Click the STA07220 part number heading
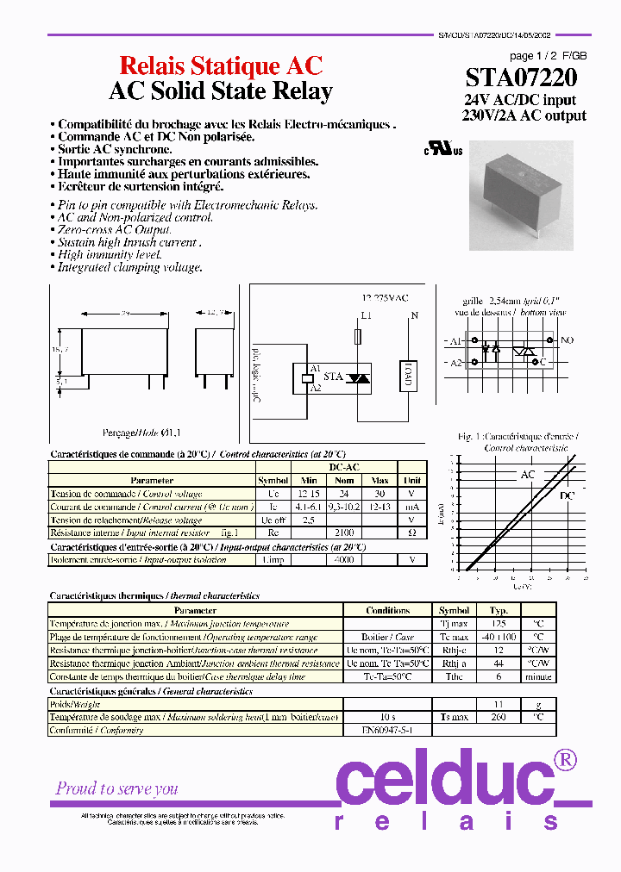pos(522,79)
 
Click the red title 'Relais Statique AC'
pos(221,66)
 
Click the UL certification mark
pos(442,148)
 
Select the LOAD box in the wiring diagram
pos(409,376)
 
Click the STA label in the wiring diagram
pos(333,377)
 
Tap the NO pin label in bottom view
pos(567,341)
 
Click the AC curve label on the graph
pos(527,475)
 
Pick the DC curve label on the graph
pos(567,496)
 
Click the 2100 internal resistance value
pos(344,533)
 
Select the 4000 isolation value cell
pos(344,560)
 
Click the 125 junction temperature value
pos(499,623)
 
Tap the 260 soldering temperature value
pos(499,717)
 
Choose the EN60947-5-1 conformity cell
pos(387,730)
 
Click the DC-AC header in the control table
pos(344,467)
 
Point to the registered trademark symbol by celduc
pos(564,759)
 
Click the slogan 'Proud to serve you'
pos(117,788)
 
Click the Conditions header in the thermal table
pos(387,610)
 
